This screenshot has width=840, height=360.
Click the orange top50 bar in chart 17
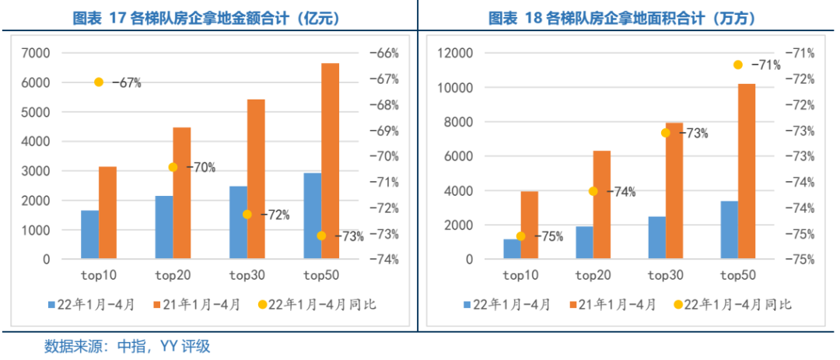[331, 161]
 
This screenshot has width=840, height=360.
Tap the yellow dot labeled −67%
[99, 82]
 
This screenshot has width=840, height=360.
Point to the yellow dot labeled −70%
[173, 167]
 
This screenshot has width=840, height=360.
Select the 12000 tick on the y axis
[452, 53]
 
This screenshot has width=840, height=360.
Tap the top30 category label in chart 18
[666, 275]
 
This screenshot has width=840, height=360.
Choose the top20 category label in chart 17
[172, 275]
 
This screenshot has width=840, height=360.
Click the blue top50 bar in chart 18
[729, 230]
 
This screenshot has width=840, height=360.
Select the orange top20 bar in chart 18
[602, 204]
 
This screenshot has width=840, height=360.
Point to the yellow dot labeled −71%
[738, 65]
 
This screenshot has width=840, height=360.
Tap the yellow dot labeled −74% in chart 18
[593, 191]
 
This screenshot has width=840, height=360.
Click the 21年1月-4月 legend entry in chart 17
[197, 305]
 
